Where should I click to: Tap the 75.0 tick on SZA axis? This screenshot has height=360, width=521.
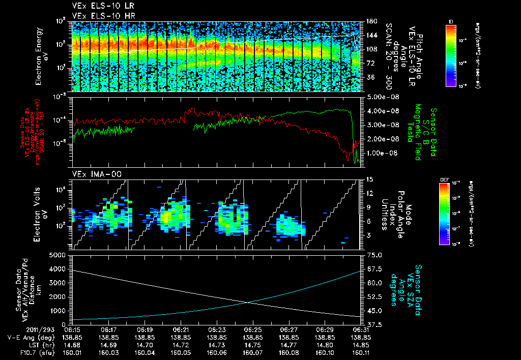coord(373,255)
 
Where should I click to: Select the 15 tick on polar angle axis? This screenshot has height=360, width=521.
coord(369,179)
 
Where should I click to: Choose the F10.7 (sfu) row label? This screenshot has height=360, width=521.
coord(21,352)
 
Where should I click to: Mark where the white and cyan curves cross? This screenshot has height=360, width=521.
coord(248,303)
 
